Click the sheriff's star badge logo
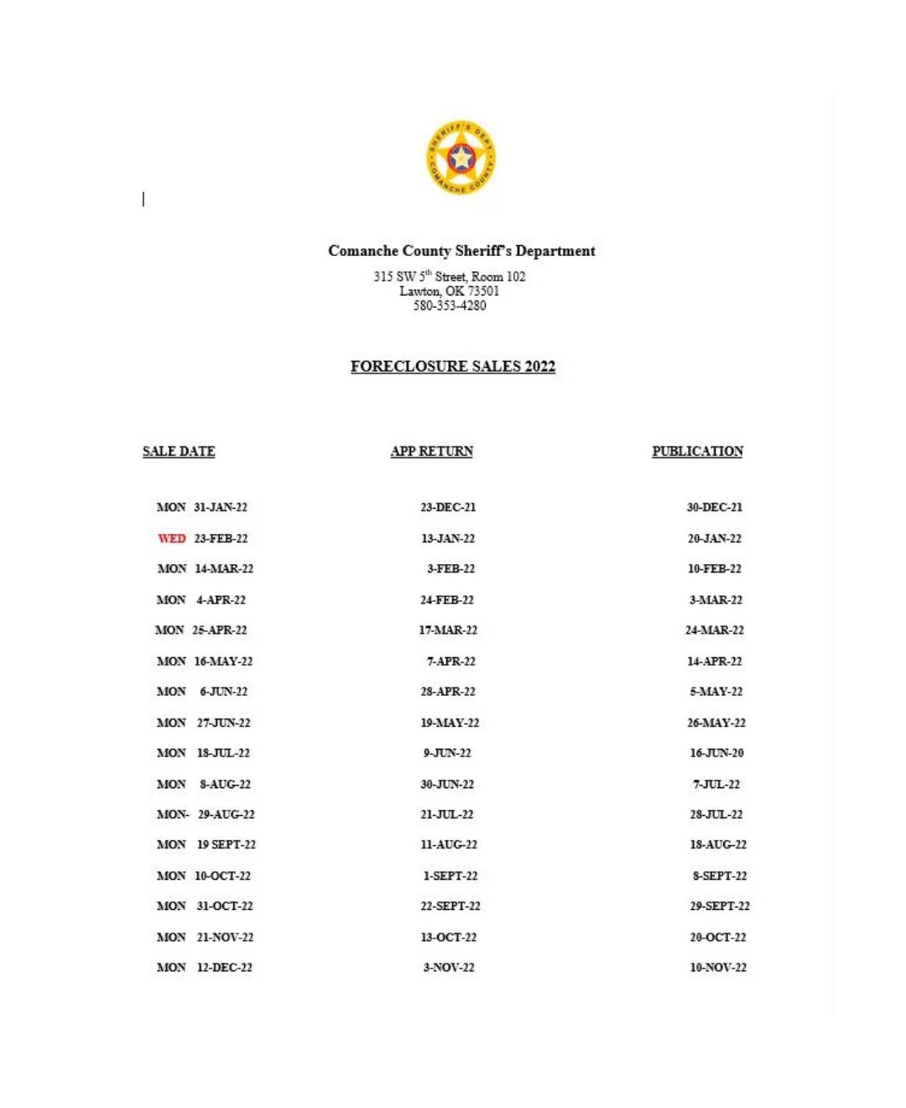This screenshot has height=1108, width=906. [461, 157]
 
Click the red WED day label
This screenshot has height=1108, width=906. [172, 538]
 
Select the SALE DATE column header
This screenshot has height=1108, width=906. [179, 451]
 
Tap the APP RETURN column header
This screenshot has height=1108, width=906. [432, 451]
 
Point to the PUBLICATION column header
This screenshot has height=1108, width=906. [697, 451]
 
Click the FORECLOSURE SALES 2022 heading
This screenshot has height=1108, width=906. [453, 366]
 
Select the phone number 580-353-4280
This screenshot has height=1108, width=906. [450, 306]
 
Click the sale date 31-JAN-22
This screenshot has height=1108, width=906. [221, 507]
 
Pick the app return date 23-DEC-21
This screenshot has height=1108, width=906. [448, 507]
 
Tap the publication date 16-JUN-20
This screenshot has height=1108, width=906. [716, 753]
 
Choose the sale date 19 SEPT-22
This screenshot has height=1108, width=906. [226, 844]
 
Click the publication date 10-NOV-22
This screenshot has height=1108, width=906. [718, 967]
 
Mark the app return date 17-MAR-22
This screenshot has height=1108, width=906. [448, 630]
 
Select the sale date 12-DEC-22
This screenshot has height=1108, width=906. [224, 967]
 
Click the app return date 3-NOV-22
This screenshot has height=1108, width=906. [449, 967]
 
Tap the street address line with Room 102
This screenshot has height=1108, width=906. [450, 276]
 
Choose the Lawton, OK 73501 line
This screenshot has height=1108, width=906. [450, 291]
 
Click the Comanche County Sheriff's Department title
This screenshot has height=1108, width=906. [461, 250]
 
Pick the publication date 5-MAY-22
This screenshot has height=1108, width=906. [716, 692]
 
